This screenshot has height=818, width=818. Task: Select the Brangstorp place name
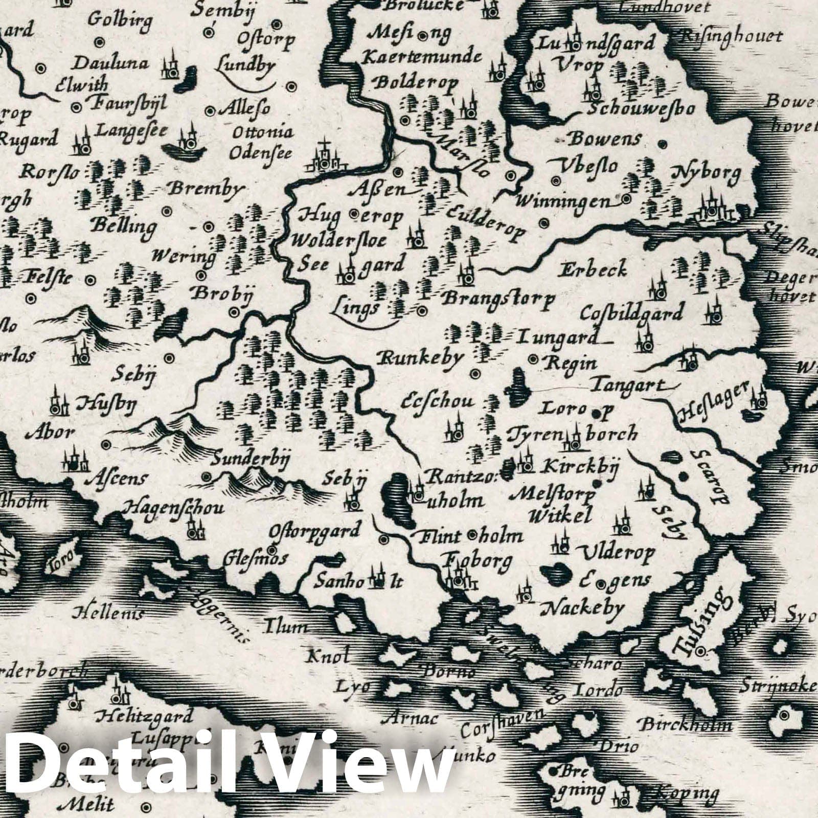pyautogui.click(x=497, y=299)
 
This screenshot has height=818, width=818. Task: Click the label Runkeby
pyautogui.click(x=420, y=357)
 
